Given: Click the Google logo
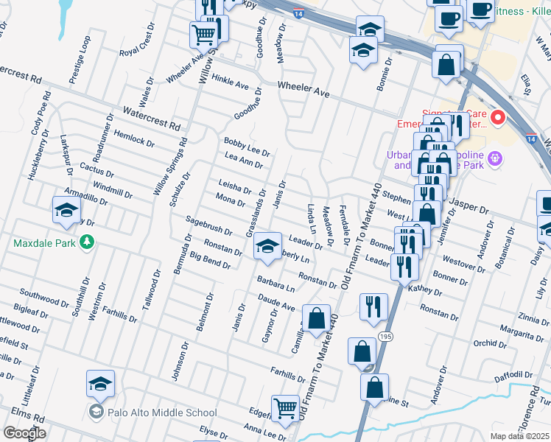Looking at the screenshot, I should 24,433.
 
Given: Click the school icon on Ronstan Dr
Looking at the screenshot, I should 267,245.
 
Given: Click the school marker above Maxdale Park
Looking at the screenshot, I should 66,209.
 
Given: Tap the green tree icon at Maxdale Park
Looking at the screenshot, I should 87,242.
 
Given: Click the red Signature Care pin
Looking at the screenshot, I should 497,117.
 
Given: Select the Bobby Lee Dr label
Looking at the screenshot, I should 247,147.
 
